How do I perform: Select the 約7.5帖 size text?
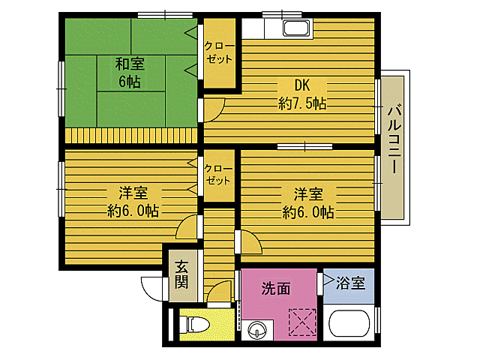(x=301, y=104)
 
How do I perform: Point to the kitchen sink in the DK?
(x=295, y=29)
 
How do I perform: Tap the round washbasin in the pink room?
(x=258, y=328)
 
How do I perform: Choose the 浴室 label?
(x=350, y=283)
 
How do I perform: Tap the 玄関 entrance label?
(x=181, y=274)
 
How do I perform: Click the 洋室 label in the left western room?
(x=131, y=192)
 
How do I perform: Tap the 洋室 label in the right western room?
(x=308, y=193)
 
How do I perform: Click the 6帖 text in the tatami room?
(x=129, y=82)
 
